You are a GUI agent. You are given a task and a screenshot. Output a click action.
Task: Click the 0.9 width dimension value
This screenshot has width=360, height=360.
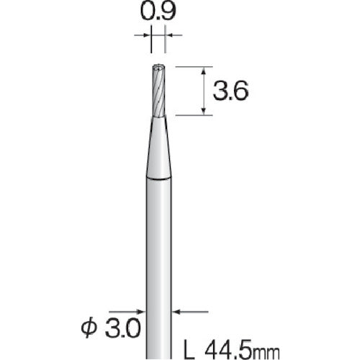coord(158,12)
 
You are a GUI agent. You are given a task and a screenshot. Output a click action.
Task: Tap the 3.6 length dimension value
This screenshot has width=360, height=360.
coord(231,91)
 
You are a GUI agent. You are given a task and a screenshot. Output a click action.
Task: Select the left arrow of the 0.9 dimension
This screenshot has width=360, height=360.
coord(146,34)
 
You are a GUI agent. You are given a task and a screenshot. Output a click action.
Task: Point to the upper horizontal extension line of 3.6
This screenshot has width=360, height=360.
coord(194,66)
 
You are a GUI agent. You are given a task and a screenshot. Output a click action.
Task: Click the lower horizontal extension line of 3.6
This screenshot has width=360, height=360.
coord(194,114)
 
